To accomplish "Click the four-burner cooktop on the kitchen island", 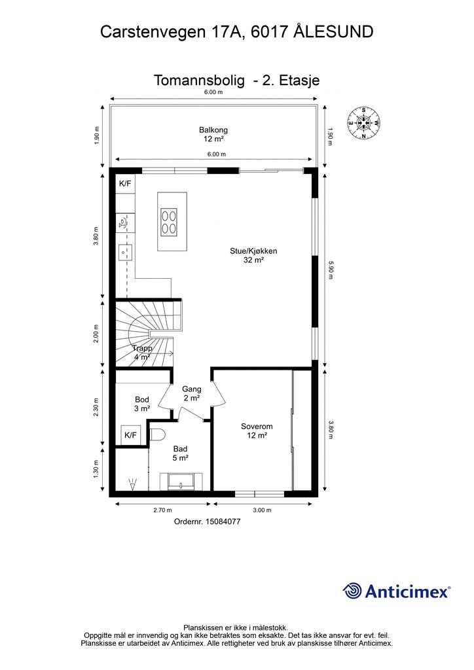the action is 168,221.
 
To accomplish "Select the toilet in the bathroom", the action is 157,434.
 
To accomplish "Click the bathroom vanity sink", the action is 181,482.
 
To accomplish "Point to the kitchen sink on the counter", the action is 125,253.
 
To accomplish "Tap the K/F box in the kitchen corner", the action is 125,184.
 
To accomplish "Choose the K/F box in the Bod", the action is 130,435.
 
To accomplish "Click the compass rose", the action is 363,122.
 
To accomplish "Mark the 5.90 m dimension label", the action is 330,270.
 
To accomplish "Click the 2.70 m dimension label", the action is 163,510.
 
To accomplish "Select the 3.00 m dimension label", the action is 262,510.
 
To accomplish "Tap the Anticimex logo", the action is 396,591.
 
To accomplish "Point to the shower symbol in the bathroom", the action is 132,484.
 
